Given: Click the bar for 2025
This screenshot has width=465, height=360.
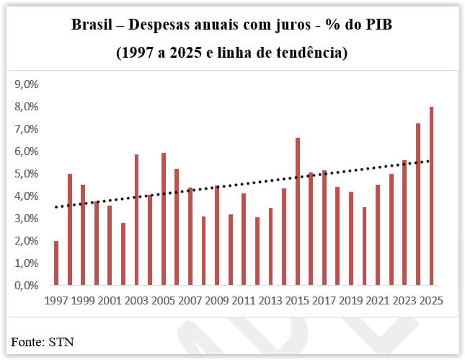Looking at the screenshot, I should coord(431,196).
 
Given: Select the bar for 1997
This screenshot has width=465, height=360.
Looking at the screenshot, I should coord(56,263).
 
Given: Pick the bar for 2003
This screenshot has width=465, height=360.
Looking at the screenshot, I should coord(136,219).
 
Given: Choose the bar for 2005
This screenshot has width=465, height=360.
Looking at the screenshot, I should coord(164,219).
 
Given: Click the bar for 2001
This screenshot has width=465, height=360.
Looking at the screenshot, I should coord(110,245).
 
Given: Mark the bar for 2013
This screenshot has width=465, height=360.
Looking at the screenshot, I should coord(270,246).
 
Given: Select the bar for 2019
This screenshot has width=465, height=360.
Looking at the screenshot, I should coord(351,238).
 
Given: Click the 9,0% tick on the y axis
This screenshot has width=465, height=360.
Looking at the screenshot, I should coord(26,84).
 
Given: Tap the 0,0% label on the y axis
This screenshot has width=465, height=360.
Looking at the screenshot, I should coord(26,286).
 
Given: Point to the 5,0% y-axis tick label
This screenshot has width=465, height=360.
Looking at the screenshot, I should coord(26,174).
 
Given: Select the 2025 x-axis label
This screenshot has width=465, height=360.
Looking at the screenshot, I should coord(430,299).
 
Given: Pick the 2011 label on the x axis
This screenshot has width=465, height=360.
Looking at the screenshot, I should coord(244,299).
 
